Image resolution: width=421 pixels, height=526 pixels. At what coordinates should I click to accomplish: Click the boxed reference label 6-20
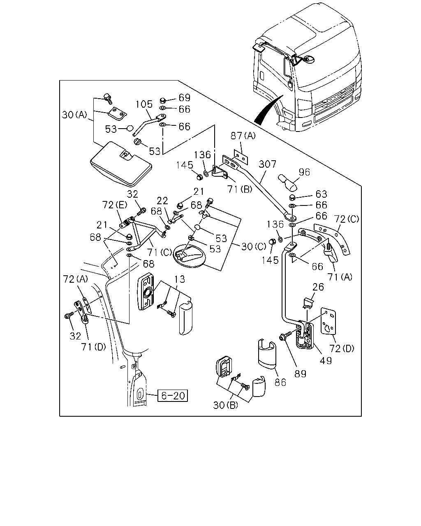point(172,395)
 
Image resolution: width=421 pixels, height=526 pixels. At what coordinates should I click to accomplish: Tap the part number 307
point(267,164)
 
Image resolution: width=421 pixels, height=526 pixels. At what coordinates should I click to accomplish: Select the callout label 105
point(144,104)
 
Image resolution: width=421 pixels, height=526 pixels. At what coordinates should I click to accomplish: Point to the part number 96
point(304,172)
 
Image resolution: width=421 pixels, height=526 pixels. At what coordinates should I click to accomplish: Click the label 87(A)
point(243,136)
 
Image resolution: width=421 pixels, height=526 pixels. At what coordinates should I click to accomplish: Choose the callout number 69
point(185,97)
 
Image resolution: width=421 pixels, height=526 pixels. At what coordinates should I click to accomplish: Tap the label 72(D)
point(342,348)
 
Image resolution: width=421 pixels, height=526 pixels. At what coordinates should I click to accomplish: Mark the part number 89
point(301,374)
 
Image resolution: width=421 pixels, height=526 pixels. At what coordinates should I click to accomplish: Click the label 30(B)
point(226,405)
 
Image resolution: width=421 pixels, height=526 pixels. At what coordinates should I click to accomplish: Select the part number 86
point(280,383)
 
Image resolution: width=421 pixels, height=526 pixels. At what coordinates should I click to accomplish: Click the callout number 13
point(180,279)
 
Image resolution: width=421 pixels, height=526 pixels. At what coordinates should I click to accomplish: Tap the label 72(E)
point(114,205)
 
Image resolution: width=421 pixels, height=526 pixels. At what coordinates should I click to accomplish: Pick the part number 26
point(318,287)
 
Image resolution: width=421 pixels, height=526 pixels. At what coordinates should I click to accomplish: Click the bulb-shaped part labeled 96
point(288,183)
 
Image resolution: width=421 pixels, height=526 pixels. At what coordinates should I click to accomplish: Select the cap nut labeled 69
point(162,100)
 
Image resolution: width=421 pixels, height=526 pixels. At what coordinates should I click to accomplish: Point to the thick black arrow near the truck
point(268,109)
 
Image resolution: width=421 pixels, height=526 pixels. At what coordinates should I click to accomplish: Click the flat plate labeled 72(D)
point(328,321)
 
